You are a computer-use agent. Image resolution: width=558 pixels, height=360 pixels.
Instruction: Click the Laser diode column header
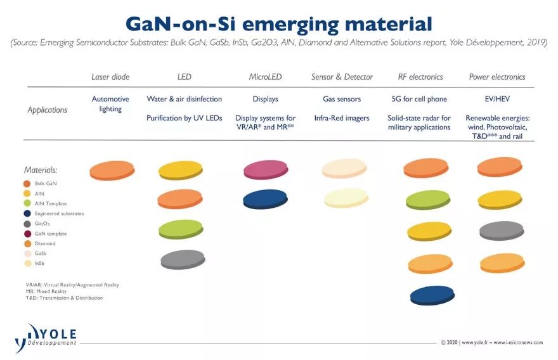pyautogui.click(x=110, y=77)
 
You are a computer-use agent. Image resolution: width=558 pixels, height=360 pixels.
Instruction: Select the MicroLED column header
pyautogui.click(x=265, y=77)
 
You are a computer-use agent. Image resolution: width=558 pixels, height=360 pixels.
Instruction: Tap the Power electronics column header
pyautogui.click(x=497, y=77)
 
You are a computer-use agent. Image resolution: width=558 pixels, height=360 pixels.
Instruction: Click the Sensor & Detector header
pyautogui.click(x=342, y=77)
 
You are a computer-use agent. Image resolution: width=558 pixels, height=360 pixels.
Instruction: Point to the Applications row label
pyautogui.click(x=47, y=110)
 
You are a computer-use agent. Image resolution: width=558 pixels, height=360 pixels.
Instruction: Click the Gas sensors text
pyautogui.click(x=341, y=100)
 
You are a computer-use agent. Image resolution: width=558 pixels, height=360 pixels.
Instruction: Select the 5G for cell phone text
pyautogui.click(x=419, y=100)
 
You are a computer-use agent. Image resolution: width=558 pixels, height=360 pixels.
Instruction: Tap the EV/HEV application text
pyautogui.click(x=497, y=100)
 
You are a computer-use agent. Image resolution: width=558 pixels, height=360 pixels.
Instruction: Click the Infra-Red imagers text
pyautogui.click(x=341, y=119)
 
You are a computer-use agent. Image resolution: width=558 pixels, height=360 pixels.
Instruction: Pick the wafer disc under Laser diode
pyautogui.click(x=112, y=170)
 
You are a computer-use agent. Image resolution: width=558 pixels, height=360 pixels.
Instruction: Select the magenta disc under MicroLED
pyautogui.click(x=265, y=170)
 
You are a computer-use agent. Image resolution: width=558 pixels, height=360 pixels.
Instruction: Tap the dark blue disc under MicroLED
pyautogui.click(x=265, y=199)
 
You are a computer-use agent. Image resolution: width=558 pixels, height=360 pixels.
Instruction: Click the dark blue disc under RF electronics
pyautogui.click(x=432, y=295)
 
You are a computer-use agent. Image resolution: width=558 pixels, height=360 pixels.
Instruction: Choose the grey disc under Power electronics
pyautogui.click(x=500, y=231)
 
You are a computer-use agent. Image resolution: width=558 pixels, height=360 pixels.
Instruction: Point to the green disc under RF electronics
pyautogui.click(x=428, y=200)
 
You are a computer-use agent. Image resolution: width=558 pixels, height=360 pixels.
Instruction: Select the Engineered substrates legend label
pyautogui.click(x=59, y=214)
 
